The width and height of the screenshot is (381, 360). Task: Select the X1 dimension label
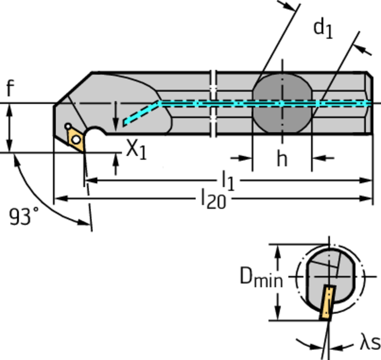[x=136, y=150]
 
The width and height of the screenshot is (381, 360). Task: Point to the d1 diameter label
[x=323, y=29]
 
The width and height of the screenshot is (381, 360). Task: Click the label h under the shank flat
[x=282, y=159]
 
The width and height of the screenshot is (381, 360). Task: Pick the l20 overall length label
[x=213, y=199]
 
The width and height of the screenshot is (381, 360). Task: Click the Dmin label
[x=260, y=278]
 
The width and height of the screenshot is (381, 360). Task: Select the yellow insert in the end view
[x=327, y=302]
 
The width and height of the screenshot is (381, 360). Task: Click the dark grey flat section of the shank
[x=282, y=103]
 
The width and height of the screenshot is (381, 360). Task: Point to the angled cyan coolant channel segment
[x=141, y=113]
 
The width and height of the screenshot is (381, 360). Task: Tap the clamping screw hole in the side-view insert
[x=76, y=140]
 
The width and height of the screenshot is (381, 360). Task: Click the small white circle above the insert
[x=68, y=126]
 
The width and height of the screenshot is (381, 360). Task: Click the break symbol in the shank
[x=213, y=103]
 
